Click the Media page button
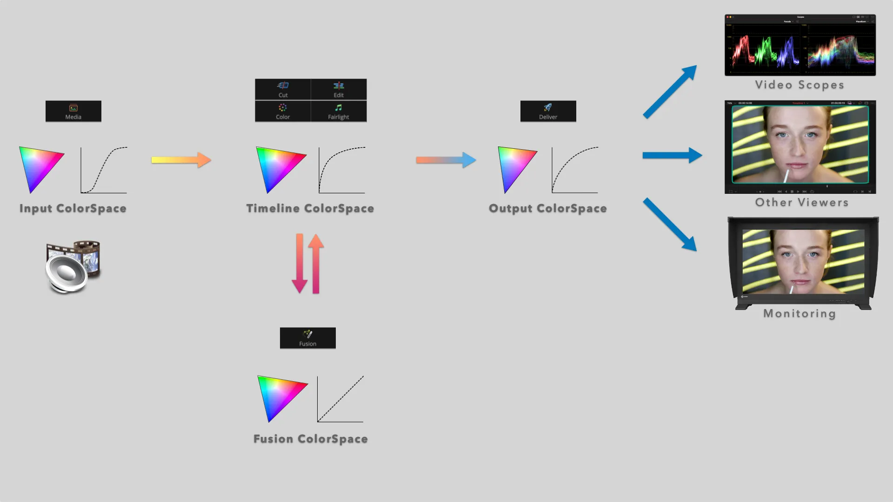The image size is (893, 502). [73, 112]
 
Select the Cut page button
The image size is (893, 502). [283, 89]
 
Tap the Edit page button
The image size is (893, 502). [339, 89]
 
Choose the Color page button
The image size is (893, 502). [283, 112]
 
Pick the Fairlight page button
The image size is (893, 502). [339, 112]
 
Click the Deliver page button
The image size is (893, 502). [548, 112]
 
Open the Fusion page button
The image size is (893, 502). [307, 338]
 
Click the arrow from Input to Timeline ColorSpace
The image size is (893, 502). [181, 160]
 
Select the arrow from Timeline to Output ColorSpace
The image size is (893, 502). [446, 160]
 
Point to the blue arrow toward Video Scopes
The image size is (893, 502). [670, 92]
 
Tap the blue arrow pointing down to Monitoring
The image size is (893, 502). [670, 225]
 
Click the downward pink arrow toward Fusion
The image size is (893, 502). [300, 263]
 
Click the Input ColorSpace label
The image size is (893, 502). [73, 208]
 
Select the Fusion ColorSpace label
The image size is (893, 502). [310, 439]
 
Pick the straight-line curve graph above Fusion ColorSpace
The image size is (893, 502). [340, 399]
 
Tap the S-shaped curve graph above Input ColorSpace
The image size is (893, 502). [104, 170]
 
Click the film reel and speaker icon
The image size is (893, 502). [73, 267]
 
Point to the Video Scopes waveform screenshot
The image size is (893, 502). [800, 45]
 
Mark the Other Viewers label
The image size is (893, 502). [801, 202]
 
